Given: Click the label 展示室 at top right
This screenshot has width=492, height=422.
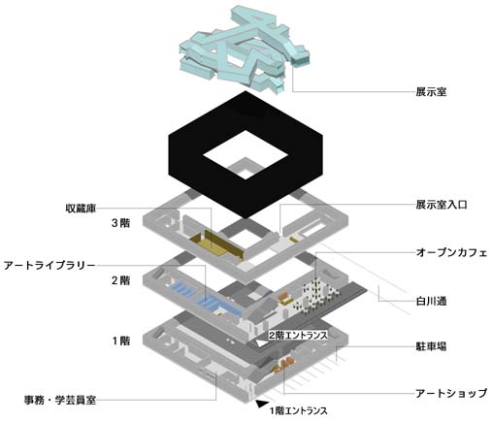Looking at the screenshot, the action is (431, 92).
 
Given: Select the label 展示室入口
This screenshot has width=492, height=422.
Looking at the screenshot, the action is (442, 205).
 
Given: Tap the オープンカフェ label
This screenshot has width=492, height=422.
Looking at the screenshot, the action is (451, 252).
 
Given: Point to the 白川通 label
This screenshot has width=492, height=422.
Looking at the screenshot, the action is (431, 302).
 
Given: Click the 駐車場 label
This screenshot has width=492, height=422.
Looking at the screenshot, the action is (431, 346).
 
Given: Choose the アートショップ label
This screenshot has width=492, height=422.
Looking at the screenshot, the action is (451, 393).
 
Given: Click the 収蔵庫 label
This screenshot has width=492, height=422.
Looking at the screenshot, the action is (81, 208).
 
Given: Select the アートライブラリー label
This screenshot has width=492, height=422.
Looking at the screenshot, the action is (49, 266).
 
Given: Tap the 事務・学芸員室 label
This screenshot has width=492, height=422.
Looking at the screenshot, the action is (60, 400).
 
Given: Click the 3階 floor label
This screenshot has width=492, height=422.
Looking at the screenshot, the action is (121, 223).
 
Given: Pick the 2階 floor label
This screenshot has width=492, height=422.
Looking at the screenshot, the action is (121, 280).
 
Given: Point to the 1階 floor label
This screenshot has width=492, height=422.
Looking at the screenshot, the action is (121, 341).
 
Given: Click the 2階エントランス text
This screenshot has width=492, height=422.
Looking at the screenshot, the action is (298, 336).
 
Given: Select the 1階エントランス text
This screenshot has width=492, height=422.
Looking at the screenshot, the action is (298, 411).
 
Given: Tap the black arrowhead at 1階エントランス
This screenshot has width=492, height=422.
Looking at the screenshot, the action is (261, 404).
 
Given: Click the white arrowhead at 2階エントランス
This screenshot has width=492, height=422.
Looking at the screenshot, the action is (261, 343).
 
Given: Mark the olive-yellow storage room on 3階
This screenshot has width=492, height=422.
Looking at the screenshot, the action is (216, 244).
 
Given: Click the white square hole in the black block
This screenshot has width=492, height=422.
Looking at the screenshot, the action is (246, 154).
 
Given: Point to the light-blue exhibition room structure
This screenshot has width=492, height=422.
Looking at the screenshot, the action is (245, 50).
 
